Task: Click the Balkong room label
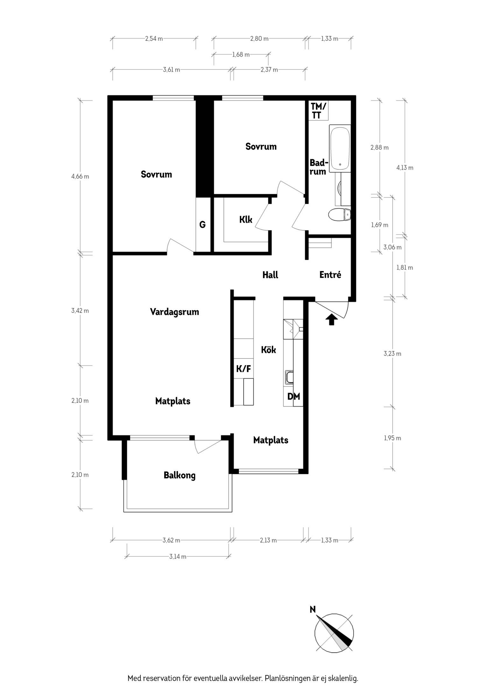pyautogui.click(x=180, y=475)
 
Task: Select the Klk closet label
pyautogui.click(x=246, y=219)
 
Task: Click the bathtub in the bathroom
pyautogui.click(x=340, y=148)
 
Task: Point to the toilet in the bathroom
pyautogui.click(x=339, y=215)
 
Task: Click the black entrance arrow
pyautogui.click(x=332, y=319)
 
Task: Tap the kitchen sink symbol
pyautogui.click(x=289, y=377)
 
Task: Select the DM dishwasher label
pyautogui.click(x=293, y=397)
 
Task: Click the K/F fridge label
pyautogui.click(x=243, y=369)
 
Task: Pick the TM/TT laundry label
pyautogui.click(x=318, y=111)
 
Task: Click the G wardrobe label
pyautogui.click(x=202, y=225)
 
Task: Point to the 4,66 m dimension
pyautogui.click(x=80, y=176)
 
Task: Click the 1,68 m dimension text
pyautogui.click(x=241, y=54)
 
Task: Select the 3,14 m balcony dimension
pyautogui.click(x=178, y=556)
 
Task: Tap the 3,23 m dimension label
pyautogui.click(x=392, y=354)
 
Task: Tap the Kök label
pyautogui.click(x=268, y=350)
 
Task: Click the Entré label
pyautogui.click(x=330, y=275)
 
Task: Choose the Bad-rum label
pyautogui.click(x=318, y=167)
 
